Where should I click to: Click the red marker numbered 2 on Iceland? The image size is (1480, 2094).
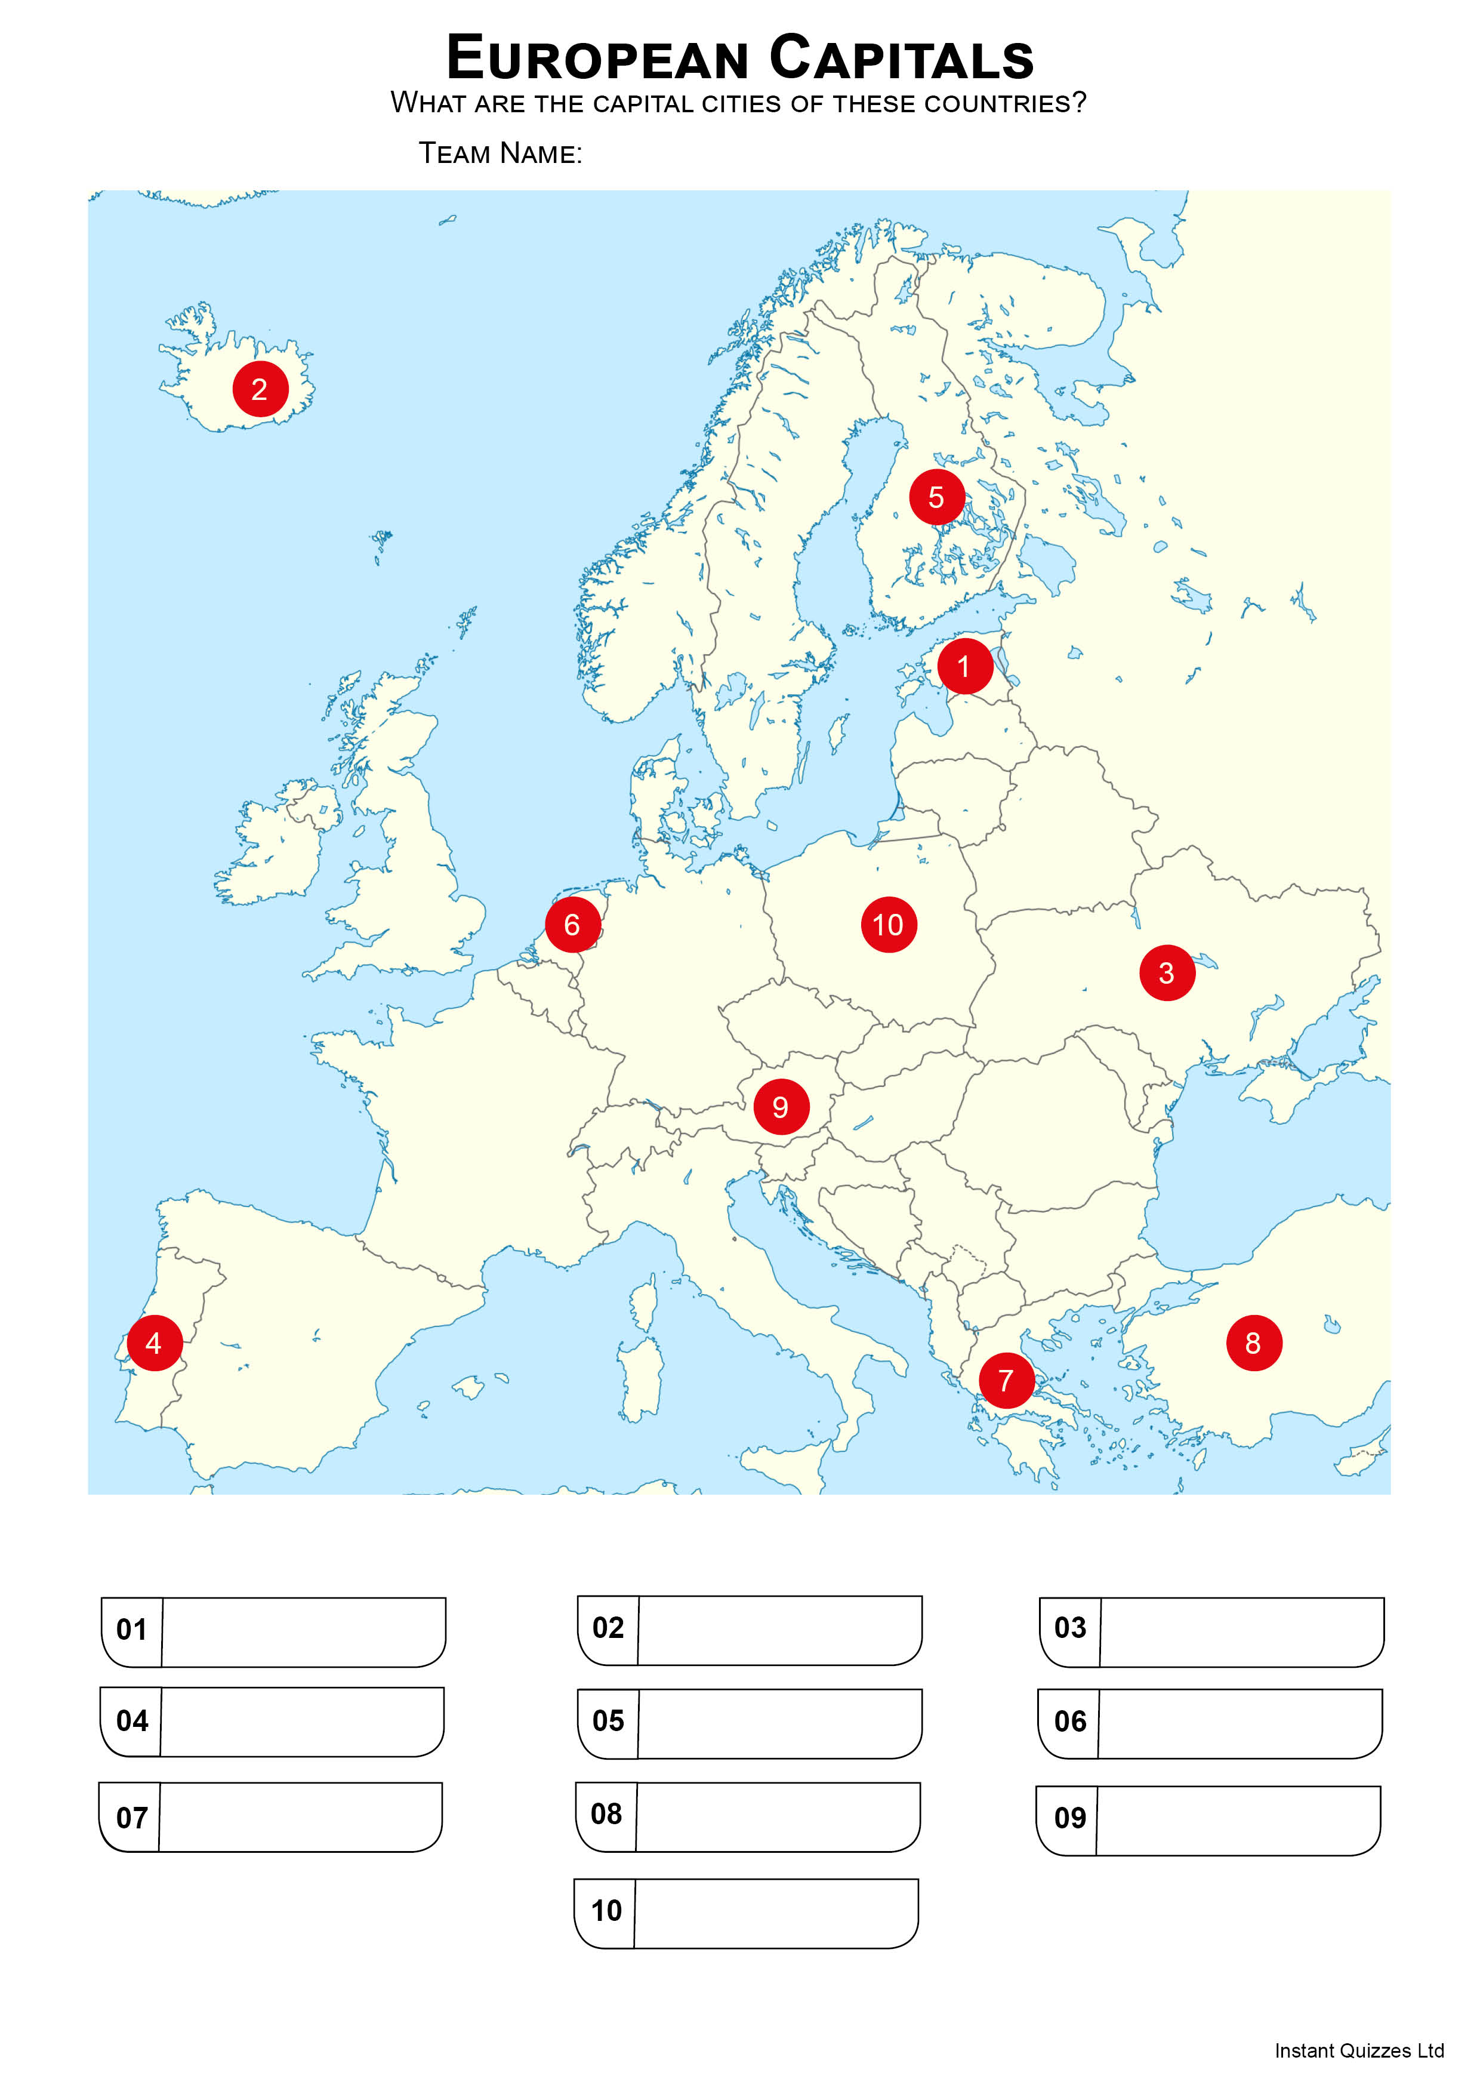coord(260,389)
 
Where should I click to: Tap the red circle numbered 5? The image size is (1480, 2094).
coord(936,497)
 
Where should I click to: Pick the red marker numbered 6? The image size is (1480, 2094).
coord(573,925)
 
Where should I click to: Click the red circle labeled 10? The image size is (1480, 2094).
coord(888,925)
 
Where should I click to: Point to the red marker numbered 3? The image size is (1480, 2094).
coord(1166,973)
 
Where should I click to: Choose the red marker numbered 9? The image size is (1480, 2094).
coord(781,1107)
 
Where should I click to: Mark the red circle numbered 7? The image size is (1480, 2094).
coord(1006,1381)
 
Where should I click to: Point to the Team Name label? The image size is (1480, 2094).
coord(499,153)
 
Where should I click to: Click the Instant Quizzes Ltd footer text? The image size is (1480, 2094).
coord(1359,2051)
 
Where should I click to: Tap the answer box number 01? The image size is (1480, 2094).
coord(303,1633)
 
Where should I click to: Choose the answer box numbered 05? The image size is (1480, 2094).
coord(779,1724)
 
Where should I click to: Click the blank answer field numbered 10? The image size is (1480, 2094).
coord(775,1913)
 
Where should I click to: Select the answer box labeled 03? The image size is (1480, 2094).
coord(1241,1633)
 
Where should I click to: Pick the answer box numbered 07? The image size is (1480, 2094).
coord(300,1818)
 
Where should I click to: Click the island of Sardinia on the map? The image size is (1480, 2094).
coord(641,1377)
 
